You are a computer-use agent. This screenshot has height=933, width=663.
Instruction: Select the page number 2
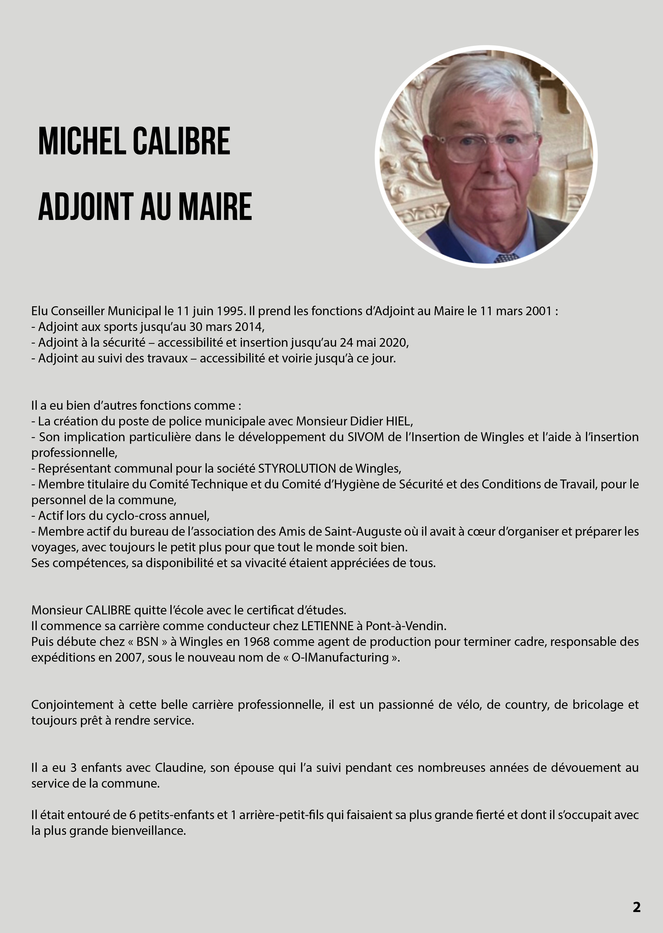click(637, 906)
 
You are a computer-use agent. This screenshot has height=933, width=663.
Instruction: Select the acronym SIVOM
click(365, 437)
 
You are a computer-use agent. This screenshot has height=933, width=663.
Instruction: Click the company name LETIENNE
click(327, 626)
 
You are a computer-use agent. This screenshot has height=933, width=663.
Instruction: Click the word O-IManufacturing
click(340, 657)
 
